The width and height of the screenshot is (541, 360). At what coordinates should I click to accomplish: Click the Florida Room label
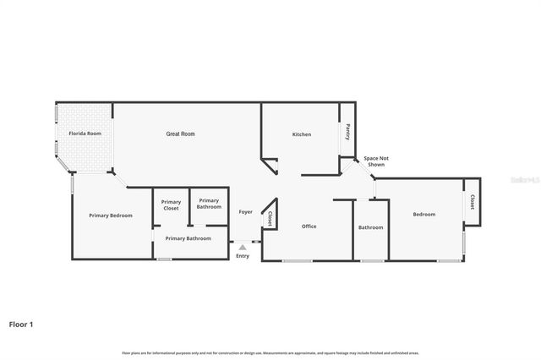click(85, 134)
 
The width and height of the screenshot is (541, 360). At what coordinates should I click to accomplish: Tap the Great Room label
click(180, 134)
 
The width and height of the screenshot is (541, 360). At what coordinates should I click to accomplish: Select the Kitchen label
click(302, 134)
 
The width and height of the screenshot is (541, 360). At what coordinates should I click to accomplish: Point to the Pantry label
click(347, 133)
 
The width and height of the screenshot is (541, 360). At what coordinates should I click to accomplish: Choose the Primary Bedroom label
click(111, 215)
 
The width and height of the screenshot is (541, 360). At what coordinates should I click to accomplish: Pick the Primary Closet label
click(171, 205)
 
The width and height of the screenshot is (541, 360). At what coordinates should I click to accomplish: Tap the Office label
click(309, 226)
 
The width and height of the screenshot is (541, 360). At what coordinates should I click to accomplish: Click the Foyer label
click(245, 211)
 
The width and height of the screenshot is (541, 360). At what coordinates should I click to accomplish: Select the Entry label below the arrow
click(243, 256)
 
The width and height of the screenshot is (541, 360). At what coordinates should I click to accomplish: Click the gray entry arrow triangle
click(243, 247)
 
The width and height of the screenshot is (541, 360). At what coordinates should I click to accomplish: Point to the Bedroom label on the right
click(424, 215)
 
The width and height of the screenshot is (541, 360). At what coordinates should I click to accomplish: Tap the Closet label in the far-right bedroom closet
click(472, 202)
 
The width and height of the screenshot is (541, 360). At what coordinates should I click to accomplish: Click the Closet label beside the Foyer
click(269, 218)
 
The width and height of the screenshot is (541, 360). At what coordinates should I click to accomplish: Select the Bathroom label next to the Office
click(370, 227)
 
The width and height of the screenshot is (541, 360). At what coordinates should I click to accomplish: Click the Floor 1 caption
click(21, 324)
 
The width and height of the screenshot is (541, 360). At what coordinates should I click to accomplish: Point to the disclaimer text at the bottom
click(270, 352)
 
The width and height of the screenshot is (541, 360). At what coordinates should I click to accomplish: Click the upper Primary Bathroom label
click(209, 205)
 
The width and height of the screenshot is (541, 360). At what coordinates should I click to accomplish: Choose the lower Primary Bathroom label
click(187, 238)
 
